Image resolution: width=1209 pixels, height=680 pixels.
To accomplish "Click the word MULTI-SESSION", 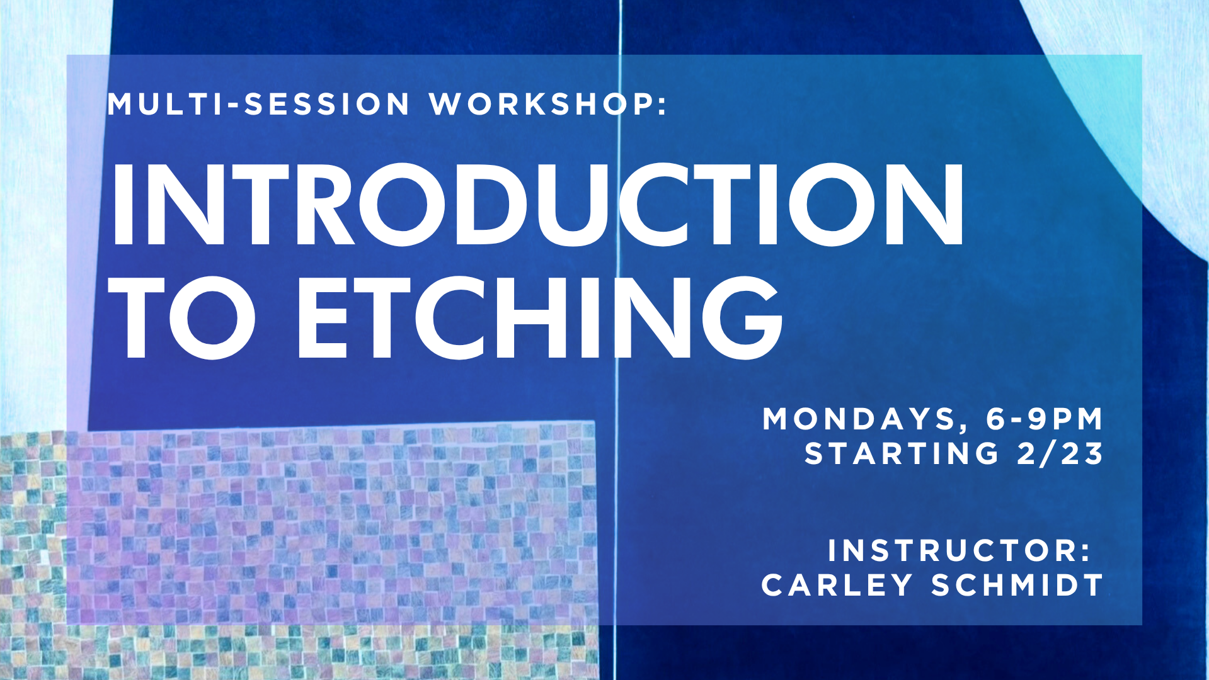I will tap(258, 105).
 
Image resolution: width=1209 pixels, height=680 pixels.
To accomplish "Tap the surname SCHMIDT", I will tap(1017, 586).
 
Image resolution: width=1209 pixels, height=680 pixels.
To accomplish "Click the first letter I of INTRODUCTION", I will tap(122, 205).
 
